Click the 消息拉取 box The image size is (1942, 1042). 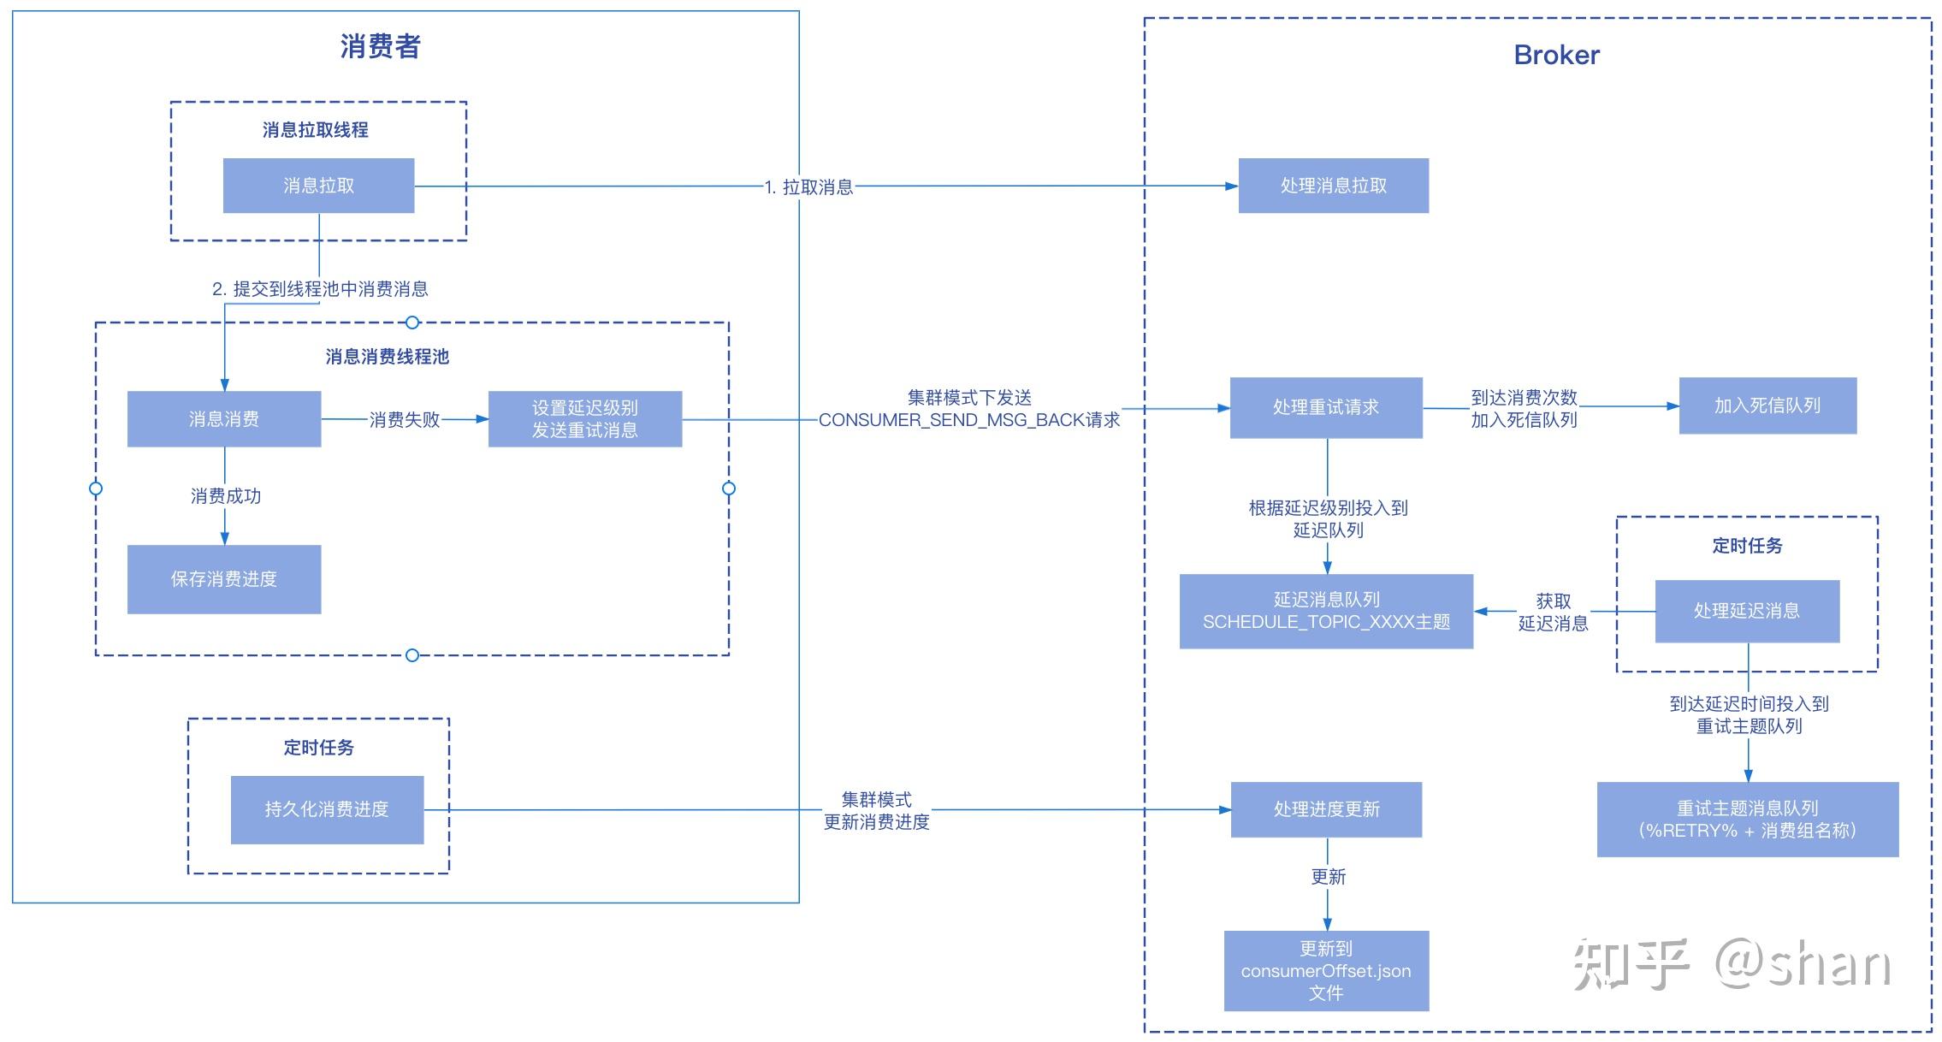318,186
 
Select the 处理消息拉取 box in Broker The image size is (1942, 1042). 1333,186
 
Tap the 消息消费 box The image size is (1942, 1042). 224,419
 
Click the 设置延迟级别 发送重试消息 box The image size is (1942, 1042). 585,419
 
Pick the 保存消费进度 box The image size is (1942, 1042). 224,579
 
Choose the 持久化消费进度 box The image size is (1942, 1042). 327,809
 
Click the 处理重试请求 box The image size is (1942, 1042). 1326,408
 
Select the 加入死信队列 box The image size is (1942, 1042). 1767,406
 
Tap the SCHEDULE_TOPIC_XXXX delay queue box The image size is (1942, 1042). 1326,611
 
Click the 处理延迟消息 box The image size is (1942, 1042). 1747,611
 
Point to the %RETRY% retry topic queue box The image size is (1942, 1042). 1747,820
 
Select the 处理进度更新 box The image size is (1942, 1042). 1326,809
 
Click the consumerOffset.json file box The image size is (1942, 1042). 1326,971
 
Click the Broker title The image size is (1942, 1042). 1556,55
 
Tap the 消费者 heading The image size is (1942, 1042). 381,46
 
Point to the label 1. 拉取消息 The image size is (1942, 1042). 808,187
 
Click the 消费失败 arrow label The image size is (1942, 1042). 405,420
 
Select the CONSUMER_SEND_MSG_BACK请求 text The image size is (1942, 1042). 969,420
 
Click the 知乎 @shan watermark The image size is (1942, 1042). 1732,965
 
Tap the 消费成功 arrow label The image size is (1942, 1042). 226,496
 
